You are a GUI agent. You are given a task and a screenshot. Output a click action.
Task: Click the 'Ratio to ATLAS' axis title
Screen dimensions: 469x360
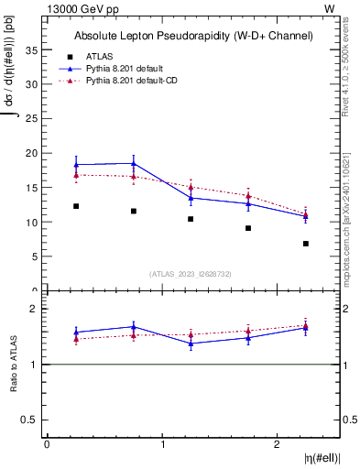click(x=13, y=365)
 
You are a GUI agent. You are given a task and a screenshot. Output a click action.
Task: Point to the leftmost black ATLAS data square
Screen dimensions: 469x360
click(x=76, y=206)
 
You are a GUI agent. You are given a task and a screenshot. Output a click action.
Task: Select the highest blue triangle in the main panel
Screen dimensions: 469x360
click(x=134, y=163)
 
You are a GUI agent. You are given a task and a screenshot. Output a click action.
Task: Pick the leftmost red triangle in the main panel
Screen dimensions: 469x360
click(x=76, y=174)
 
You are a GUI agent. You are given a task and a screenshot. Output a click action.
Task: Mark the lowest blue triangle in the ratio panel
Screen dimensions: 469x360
click(x=191, y=344)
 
